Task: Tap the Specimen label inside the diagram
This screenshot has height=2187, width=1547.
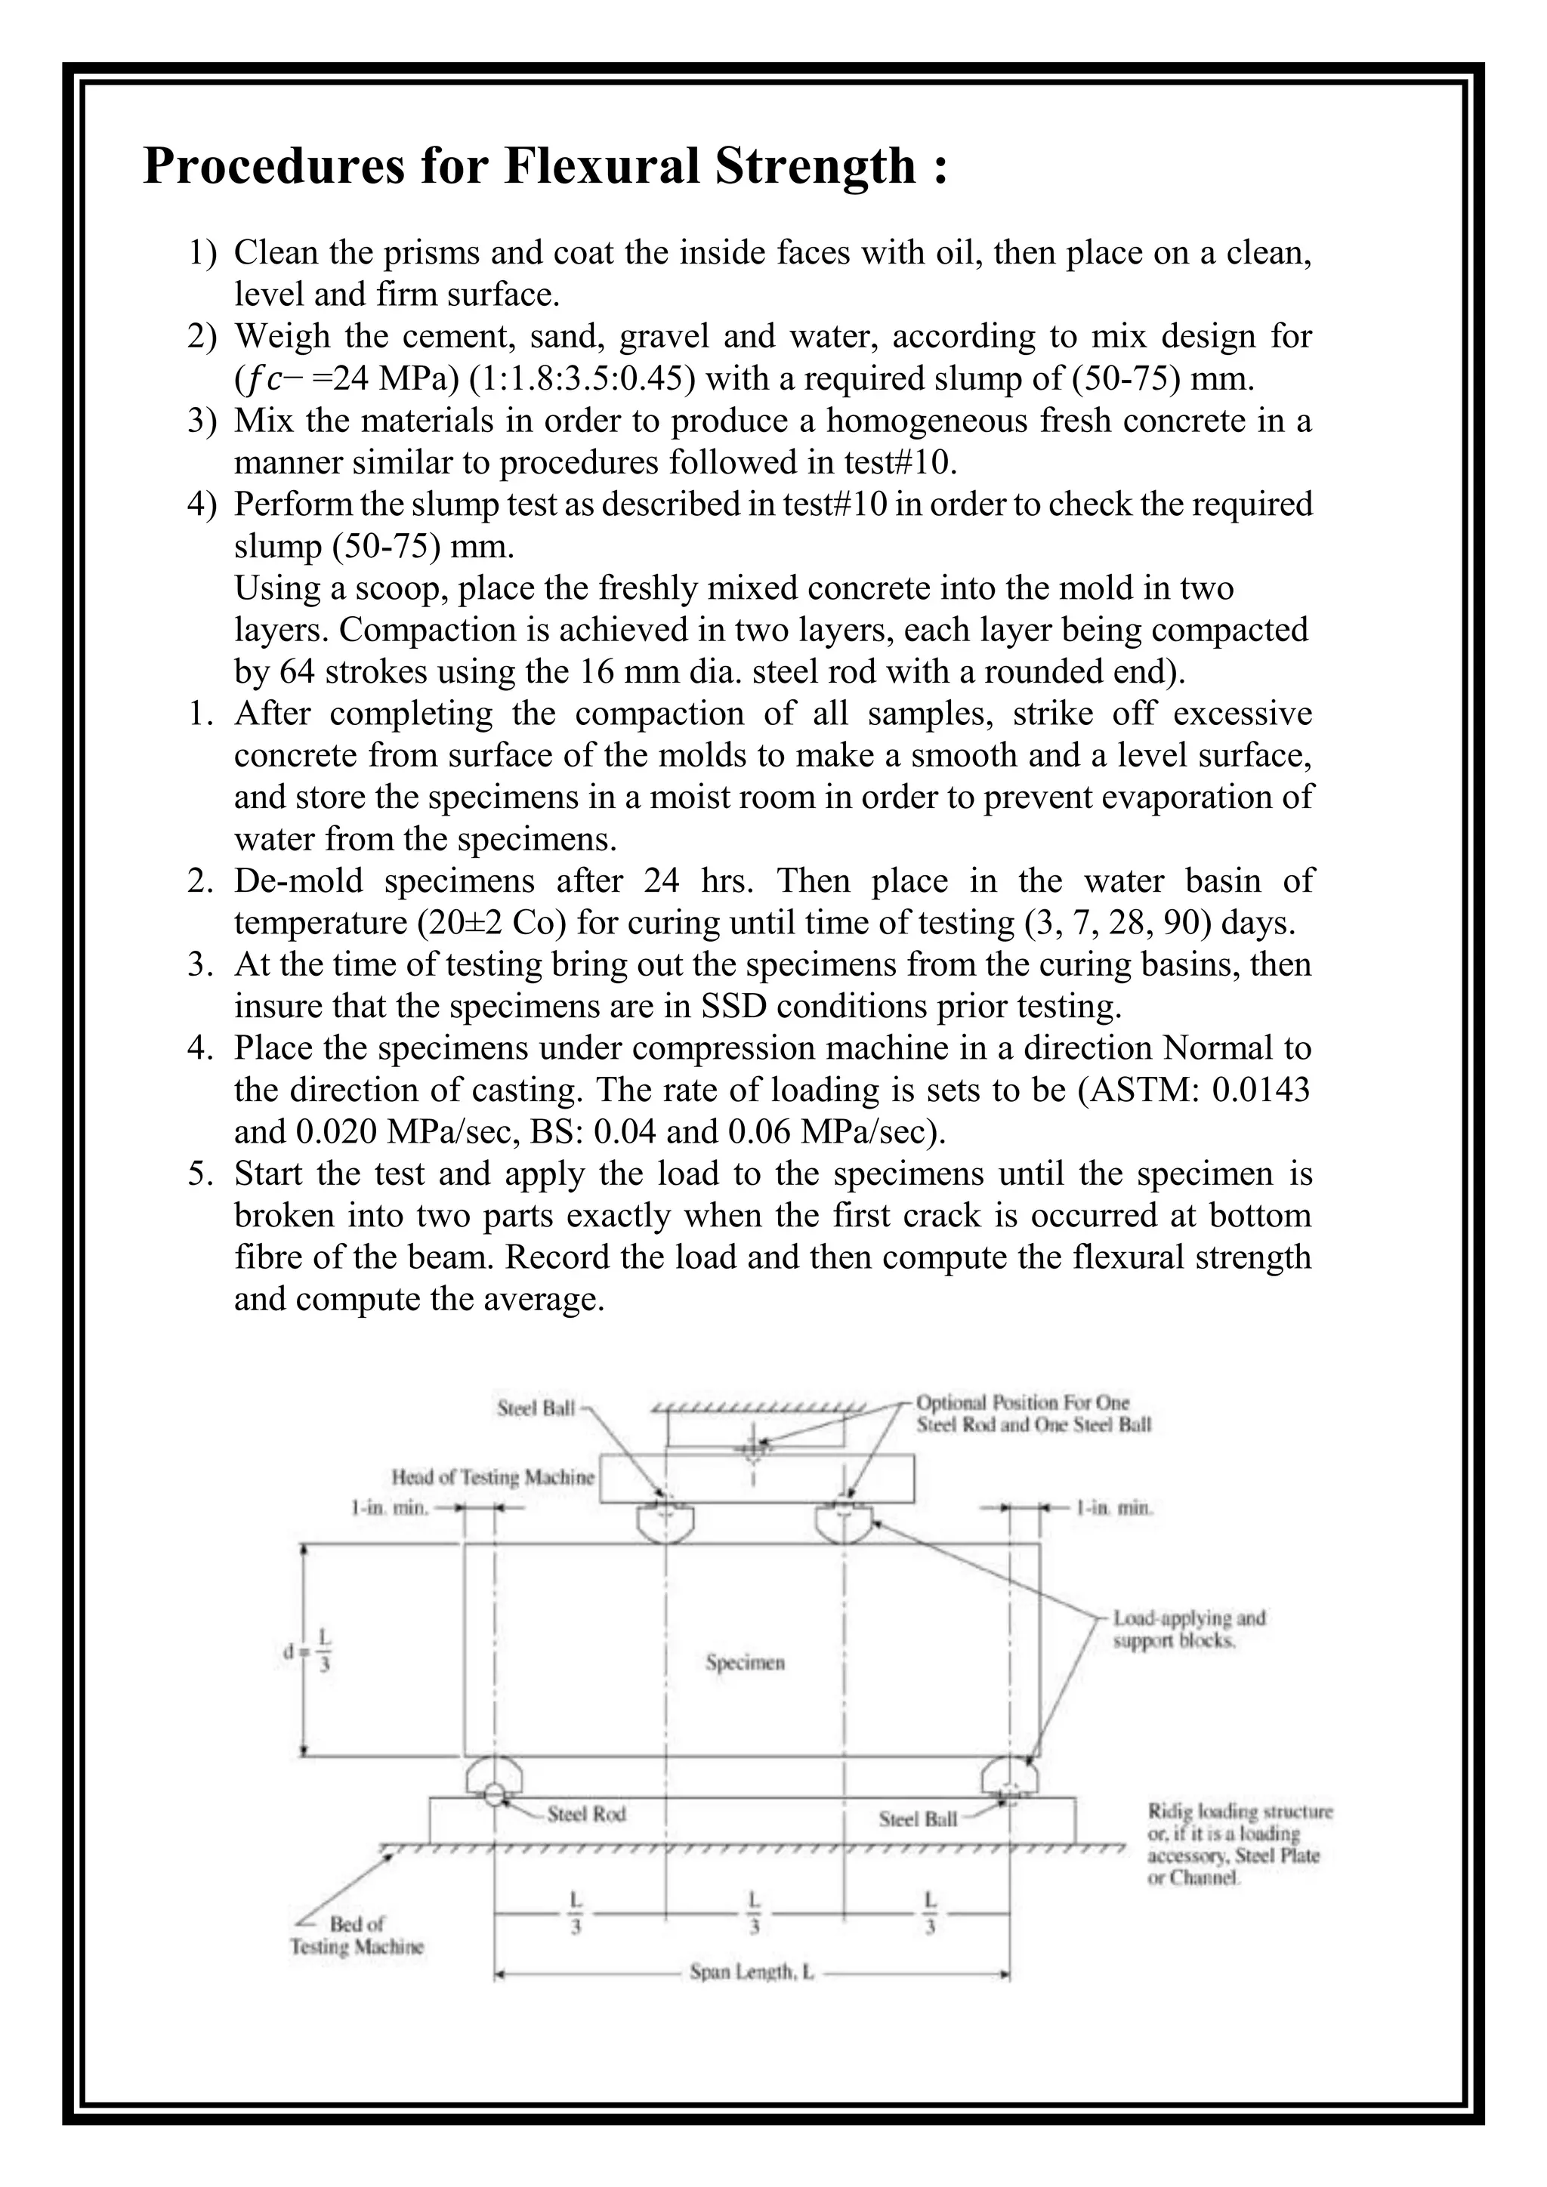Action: tap(745, 1663)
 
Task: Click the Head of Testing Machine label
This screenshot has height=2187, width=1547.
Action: tap(493, 1477)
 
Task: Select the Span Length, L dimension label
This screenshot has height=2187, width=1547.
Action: tap(752, 1972)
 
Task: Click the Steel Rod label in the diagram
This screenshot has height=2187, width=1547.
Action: tap(586, 1815)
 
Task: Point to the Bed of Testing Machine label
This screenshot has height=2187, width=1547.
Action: tap(357, 1936)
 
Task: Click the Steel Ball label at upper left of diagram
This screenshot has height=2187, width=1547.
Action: tap(536, 1408)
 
